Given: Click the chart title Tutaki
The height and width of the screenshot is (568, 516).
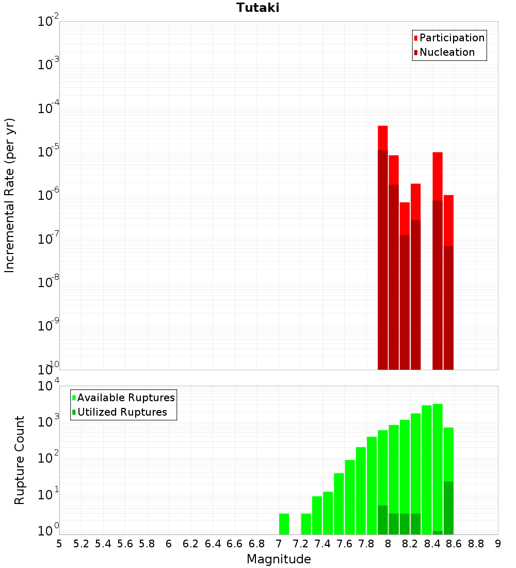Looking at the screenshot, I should (x=257, y=8).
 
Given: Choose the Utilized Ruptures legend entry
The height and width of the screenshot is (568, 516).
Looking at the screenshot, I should (x=122, y=412).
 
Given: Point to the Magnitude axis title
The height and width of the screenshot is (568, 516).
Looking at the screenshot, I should (x=279, y=559).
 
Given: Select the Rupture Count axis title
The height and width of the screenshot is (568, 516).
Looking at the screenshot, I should (x=20, y=460).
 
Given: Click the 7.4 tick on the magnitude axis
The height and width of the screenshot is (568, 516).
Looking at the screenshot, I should (x=322, y=544).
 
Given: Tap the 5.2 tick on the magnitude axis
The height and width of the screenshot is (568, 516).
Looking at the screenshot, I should (x=82, y=544).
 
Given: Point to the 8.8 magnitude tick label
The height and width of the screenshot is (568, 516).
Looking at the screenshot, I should (x=476, y=544).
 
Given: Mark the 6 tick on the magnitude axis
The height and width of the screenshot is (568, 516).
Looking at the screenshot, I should (x=169, y=544).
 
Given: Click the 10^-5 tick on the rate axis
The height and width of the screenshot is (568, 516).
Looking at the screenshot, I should (x=49, y=152).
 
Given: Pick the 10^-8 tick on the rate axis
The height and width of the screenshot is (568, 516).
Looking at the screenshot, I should (x=49, y=282).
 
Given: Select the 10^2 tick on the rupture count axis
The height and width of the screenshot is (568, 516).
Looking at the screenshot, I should (x=49, y=457).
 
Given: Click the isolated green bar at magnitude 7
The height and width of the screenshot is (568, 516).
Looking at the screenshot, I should (x=284, y=524).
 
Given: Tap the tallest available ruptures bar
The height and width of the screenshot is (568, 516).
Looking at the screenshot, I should (x=438, y=465).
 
